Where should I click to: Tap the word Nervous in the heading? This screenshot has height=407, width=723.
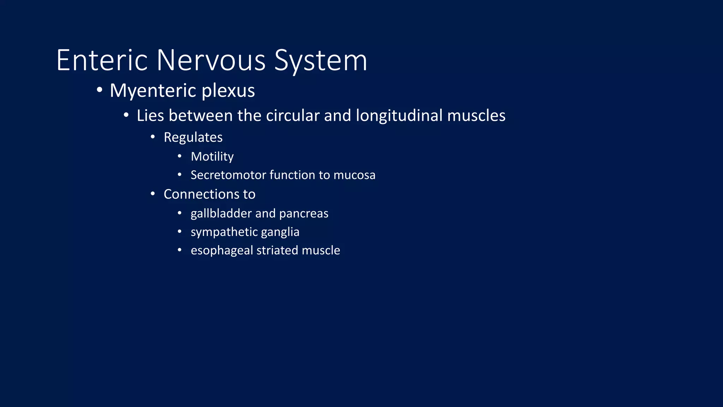coord(211,60)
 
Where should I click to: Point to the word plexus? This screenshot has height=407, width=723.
coord(228,91)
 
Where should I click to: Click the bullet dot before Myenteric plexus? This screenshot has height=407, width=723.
coord(100,90)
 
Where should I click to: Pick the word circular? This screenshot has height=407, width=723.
coord(293,116)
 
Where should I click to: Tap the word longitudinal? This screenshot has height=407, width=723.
coord(399,116)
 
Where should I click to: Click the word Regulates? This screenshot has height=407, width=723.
coord(193,137)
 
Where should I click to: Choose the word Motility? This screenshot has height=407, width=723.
coord(212,157)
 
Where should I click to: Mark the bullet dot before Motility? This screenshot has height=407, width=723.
coord(180,156)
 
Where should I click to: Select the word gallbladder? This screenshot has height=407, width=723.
coord(221,214)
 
